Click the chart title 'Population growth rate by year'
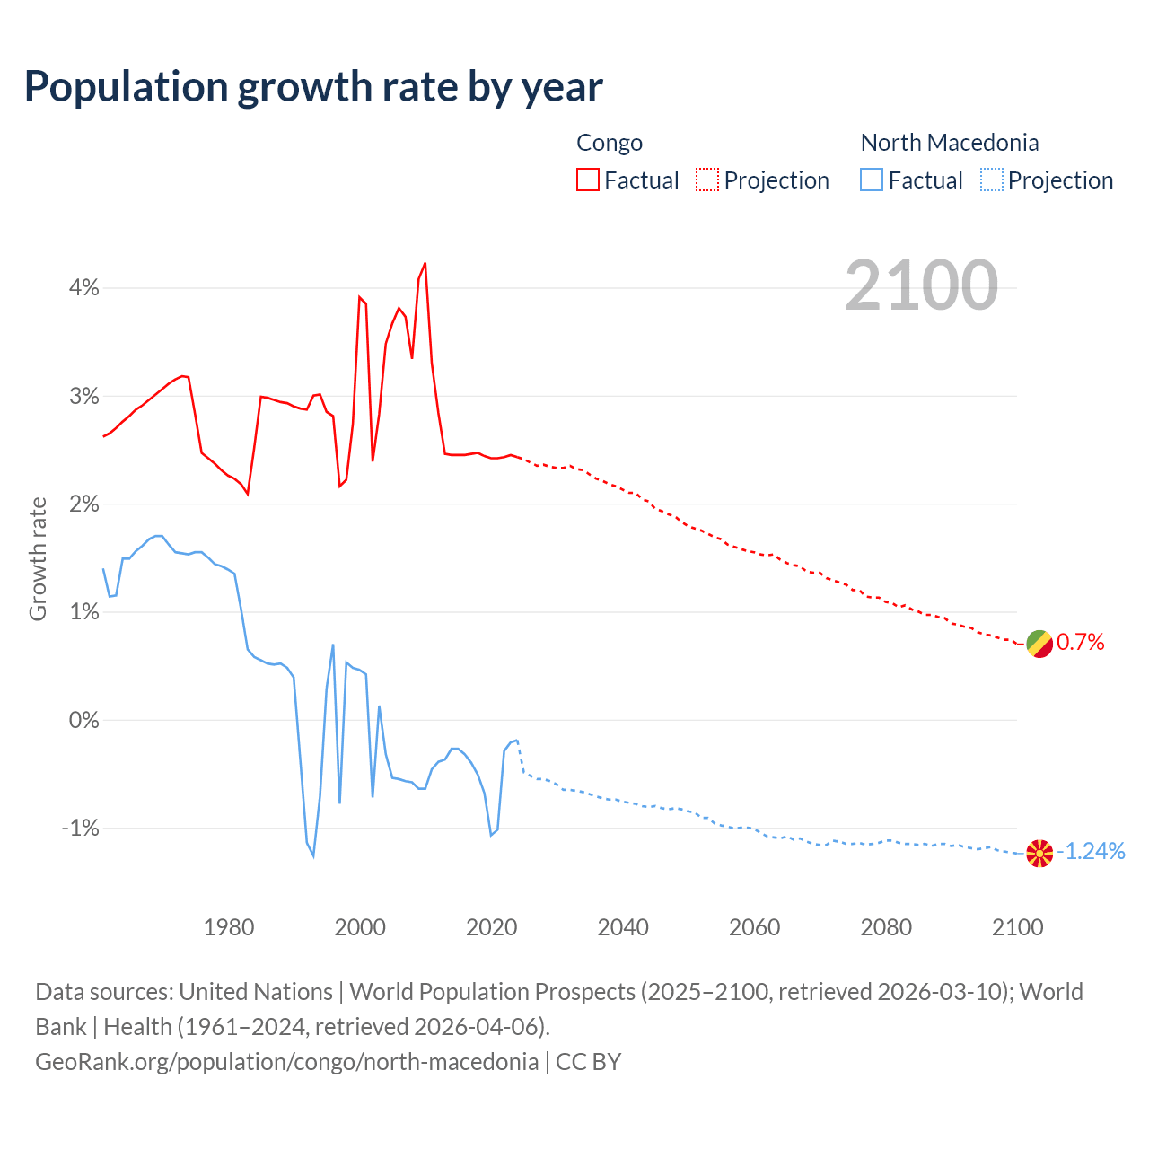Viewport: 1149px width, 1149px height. pos(313,87)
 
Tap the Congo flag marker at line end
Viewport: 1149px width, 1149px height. pos(1039,643)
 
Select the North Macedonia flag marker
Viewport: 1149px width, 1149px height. pos(1039,853)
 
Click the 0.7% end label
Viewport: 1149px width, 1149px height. pos(1081,643)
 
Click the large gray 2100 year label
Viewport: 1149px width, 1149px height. pos(921,285)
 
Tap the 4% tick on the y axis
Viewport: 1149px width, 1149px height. pos(84,288)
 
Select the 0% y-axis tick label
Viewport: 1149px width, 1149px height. pos(83,720)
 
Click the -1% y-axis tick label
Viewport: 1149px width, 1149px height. pos(80,828)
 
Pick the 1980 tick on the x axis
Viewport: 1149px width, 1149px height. pos(229,927)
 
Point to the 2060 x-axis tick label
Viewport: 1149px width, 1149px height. pos(754,927)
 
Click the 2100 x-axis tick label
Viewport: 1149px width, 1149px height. pos(1017,927)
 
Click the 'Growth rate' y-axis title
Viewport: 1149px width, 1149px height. pos(38,558)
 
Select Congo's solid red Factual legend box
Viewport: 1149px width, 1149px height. pos(588,180)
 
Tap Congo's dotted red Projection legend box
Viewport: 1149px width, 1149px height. pos(707,180)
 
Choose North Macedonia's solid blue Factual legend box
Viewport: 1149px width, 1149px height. pos(872,180)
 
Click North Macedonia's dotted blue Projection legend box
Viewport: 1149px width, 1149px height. pos(991,180)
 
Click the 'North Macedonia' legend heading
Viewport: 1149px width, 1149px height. pos(950,143)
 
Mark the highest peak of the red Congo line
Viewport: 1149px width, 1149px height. pos(425,264)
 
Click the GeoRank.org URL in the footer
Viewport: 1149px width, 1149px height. pos(286,1062)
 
